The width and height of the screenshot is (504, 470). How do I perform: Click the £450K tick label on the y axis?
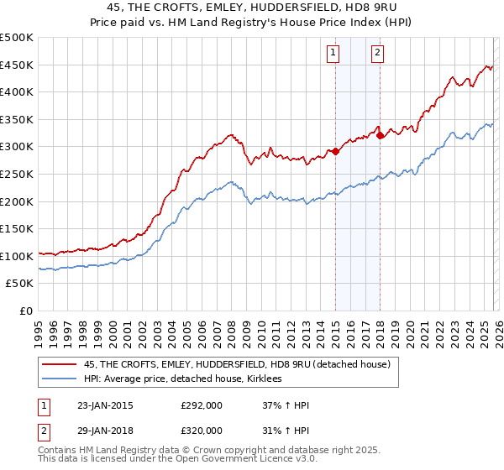(17, 65)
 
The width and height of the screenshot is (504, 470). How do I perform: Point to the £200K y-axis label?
(17, 201)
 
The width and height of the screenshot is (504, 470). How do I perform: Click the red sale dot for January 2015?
(335, 151)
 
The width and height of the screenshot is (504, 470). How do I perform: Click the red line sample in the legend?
(60, 365)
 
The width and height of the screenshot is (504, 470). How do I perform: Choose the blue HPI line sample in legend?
(60, 379)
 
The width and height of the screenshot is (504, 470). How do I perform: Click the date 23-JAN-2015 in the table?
(104, 405)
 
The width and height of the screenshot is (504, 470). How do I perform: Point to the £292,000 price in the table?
(202, 405)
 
